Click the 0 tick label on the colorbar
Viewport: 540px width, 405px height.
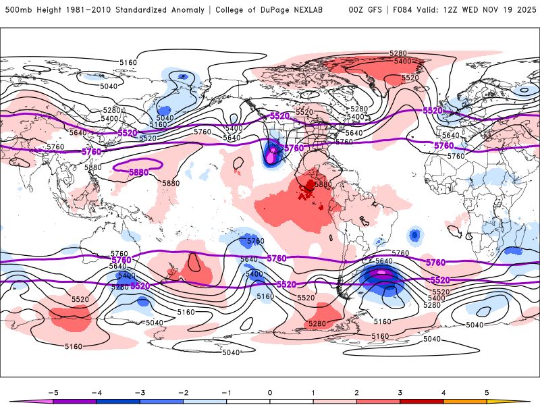(270, 392)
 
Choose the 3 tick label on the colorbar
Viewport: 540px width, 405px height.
(400, 392)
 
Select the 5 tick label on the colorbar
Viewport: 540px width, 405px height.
(487, 392)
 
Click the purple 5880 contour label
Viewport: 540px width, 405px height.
(138, 172)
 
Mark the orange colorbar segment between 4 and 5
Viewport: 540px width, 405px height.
(464, 401)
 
